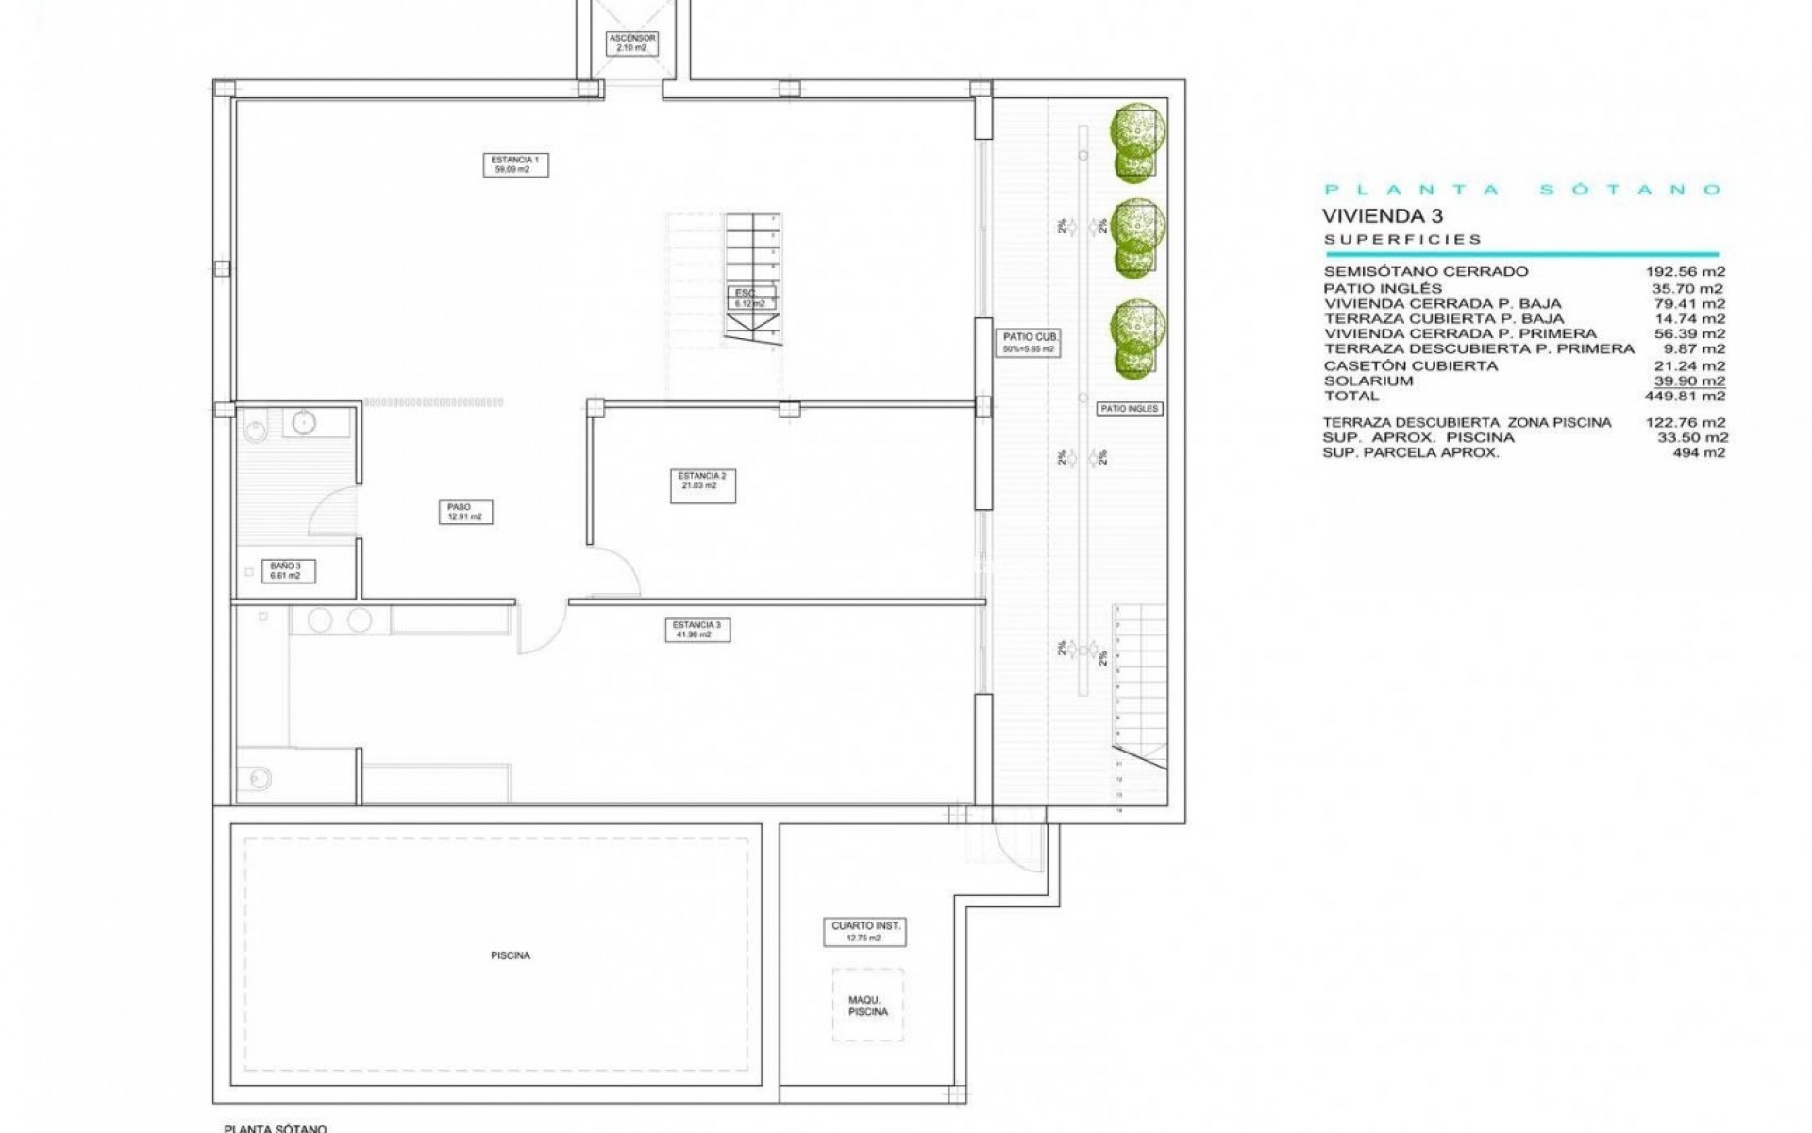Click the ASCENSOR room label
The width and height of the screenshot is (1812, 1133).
[631, 42]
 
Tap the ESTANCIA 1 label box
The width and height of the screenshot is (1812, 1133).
[515, 164]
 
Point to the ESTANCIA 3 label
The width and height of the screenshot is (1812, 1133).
[696, 630]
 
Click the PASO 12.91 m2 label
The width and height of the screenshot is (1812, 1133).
[465, 512]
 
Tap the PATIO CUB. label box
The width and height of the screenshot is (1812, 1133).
[1028, 342]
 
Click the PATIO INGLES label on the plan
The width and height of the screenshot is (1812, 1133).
[1129, 409]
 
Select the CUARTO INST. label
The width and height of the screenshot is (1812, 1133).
[865, 932]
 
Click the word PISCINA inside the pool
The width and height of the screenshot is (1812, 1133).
[511, 955]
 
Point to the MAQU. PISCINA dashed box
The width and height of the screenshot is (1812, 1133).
[867, 1006]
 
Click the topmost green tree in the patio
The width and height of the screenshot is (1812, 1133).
[1136, 142]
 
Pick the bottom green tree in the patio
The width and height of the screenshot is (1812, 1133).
[1136, 338]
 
